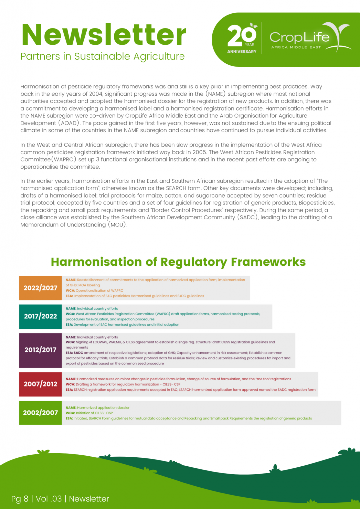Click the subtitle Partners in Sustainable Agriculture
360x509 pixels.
102,56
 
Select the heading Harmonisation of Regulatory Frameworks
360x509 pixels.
178,262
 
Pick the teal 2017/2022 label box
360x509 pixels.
41,316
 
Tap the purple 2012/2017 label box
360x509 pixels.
41,350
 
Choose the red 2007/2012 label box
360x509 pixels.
41,384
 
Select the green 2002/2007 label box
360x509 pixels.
41,413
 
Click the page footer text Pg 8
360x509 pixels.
22,498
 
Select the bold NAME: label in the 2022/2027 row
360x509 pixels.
71,280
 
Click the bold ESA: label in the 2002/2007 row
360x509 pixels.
69,418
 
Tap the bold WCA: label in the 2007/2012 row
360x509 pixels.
70,384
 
